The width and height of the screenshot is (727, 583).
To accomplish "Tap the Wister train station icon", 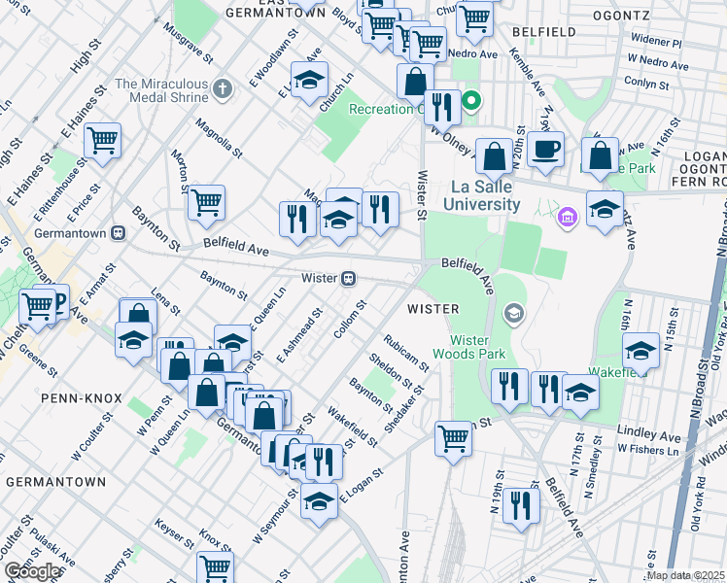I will (347, 278).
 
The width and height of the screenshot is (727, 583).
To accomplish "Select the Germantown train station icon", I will (119, 233).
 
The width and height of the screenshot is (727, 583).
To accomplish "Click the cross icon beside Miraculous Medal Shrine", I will (223, 90).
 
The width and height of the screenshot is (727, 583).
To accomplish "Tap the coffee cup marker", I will (546, 151).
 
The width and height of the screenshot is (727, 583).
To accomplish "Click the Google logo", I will (32, 571).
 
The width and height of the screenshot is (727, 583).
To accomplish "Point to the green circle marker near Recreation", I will (471, 101).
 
